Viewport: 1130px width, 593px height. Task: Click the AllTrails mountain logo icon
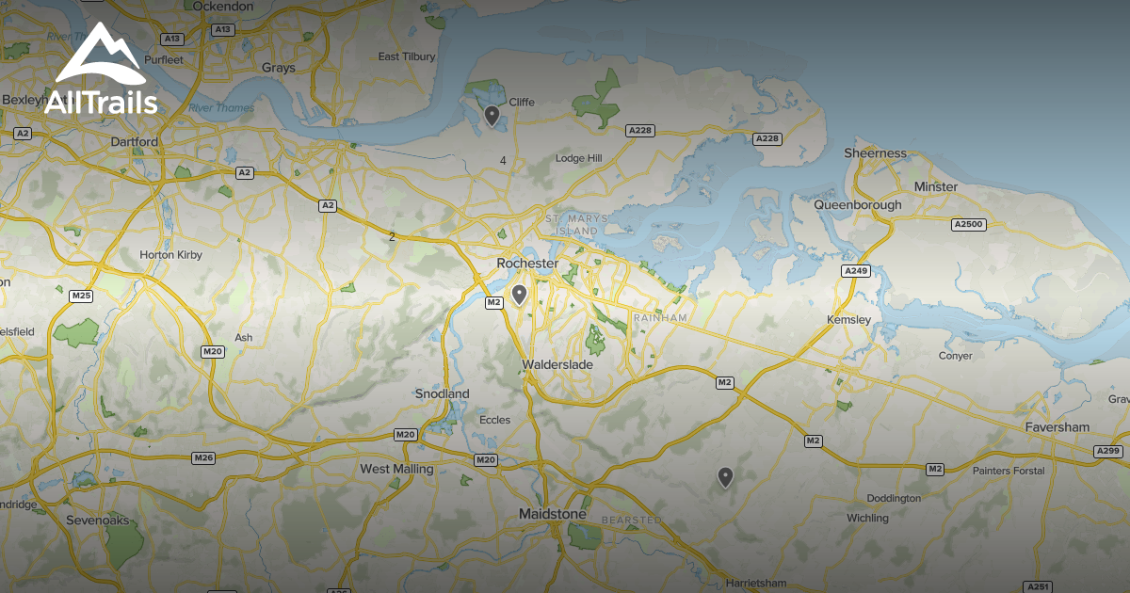tap(101, 56)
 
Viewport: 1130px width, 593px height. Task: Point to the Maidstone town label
tap(553, 514)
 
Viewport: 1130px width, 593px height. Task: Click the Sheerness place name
tap(875, 152)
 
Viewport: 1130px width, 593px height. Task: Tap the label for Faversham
tap(1057, 427)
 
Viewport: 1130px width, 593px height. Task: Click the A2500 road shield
tap(967, 224)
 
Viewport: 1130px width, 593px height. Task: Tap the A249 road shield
tap(856, 271)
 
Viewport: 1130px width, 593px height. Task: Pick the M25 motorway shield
tap(81, 296)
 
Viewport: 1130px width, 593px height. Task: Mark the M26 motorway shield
tap(203, 457)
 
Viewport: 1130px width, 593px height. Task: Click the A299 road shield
tap(1108, 452)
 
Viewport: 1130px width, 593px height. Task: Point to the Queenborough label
tap(858, 204)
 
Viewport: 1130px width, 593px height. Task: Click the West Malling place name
tap(396, 469)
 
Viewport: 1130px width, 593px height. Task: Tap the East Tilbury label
tap(407, 56)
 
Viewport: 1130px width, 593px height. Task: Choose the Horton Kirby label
tap(170, 254)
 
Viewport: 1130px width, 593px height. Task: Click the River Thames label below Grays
tap(221, 107)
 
